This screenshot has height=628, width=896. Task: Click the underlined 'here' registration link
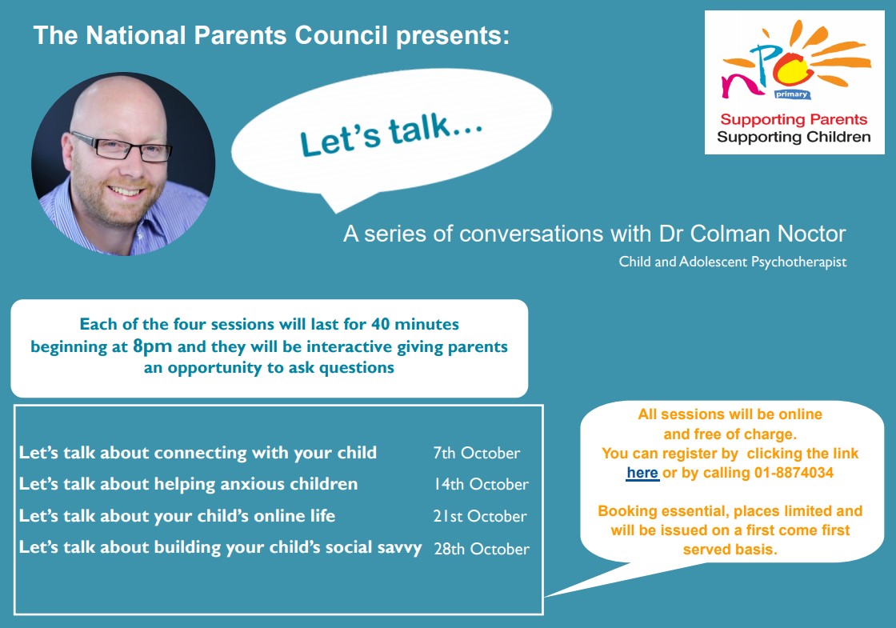tap(642, 473)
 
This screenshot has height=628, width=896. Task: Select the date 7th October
tap(477, 453)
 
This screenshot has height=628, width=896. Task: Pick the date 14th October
tap(481, 484)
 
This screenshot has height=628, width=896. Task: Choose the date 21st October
tap(480, 516)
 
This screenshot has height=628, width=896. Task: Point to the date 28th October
tap(482, 549)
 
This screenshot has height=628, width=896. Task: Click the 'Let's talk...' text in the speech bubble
tap(391, 135)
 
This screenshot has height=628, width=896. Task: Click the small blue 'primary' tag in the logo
tap(791, 94)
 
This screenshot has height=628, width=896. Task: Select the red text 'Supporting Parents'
tap(794, 119)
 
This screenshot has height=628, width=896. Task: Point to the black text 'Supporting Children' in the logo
tap(794, 137)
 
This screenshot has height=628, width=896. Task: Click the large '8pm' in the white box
tap(152, 346)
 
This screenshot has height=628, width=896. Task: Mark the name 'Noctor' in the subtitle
tap(811, 234)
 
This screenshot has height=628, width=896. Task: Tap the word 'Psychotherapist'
tap(799, 262)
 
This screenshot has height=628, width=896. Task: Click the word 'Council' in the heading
tap(341, 35)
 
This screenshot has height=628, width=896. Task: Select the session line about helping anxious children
tap(188, 484)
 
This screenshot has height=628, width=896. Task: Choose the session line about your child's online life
tap(177, 516)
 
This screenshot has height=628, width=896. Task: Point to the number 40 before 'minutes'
tap(381, 325)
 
